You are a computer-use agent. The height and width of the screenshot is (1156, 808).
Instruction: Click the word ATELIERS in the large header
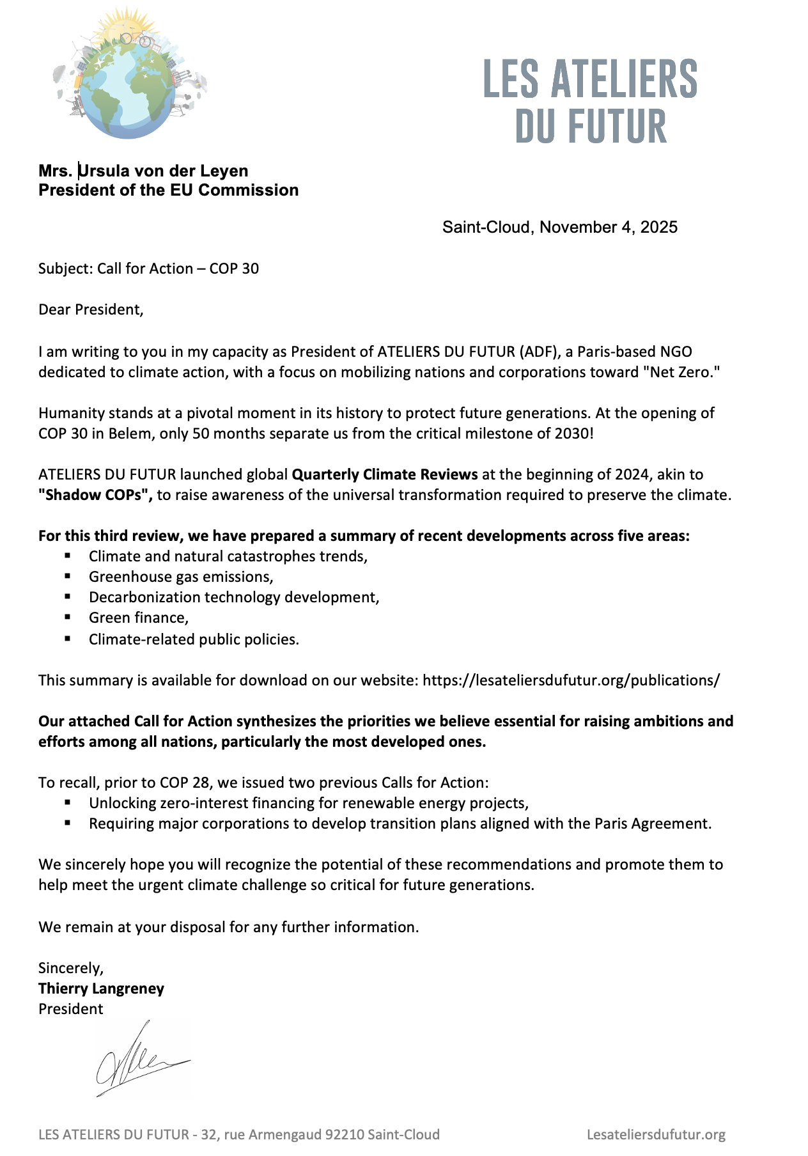tap(624, 79)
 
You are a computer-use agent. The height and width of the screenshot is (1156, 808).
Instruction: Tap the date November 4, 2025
tap(609, 227)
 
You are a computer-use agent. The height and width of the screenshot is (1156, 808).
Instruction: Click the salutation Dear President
tap(90, 309)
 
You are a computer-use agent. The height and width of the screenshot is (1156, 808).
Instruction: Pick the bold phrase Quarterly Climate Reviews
tap(385, 474)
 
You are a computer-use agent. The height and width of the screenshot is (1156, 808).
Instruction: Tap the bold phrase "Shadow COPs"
tap(95, 495)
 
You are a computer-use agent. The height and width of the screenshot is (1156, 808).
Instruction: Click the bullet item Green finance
tap(138, 618)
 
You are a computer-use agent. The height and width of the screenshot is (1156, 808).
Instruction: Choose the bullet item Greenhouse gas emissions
tap(181, 577)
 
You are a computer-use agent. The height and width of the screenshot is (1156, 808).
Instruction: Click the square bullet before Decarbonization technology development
tap(68, 597)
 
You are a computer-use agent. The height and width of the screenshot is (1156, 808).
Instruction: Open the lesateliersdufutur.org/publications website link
tap(571, 680)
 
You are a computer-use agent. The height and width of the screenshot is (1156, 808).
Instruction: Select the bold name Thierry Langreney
tap(101, 988)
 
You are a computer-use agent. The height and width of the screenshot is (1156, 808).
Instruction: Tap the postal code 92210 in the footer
tap(345, 1135)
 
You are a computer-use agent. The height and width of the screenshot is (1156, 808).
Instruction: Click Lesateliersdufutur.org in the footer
tap(656, 1135)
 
